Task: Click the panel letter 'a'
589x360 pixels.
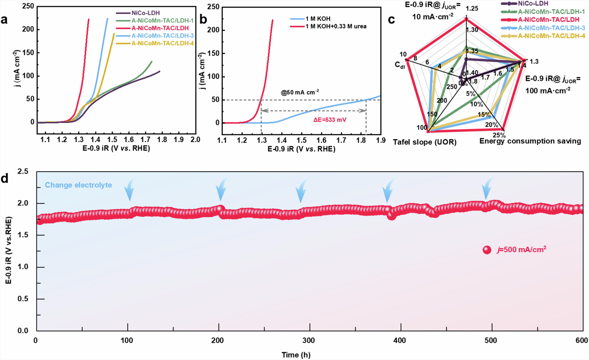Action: click(x=4, y=20)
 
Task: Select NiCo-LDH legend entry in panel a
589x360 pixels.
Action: click(x=145, y=13)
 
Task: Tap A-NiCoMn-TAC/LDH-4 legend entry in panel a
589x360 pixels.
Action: click(x=163, y=44)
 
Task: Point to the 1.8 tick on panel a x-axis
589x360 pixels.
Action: click(x=162, y=140)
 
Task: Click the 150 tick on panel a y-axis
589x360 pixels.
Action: click(x=28, y=53)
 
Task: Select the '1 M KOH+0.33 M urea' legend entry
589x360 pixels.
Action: click(x=336, y=26)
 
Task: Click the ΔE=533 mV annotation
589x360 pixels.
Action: click(x=330, y=120)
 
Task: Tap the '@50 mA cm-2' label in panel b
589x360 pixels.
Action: click(x=300, y=92)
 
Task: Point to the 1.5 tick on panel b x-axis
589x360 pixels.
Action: click(x=302, y=140)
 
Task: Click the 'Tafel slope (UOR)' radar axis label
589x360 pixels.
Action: click(x=424, y=142)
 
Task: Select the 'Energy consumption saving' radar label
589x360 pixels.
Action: click(x=530, y=141)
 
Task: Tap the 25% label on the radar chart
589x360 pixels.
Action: click(x=499, y=135)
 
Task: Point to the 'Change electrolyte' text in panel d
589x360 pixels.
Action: click(x=78, y=185)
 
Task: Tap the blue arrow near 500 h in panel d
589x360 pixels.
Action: click(x=487, y=188)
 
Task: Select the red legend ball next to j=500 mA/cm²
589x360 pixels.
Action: click(x=487, y=250)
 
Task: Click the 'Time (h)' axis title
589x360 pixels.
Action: click(x=296, y=355)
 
